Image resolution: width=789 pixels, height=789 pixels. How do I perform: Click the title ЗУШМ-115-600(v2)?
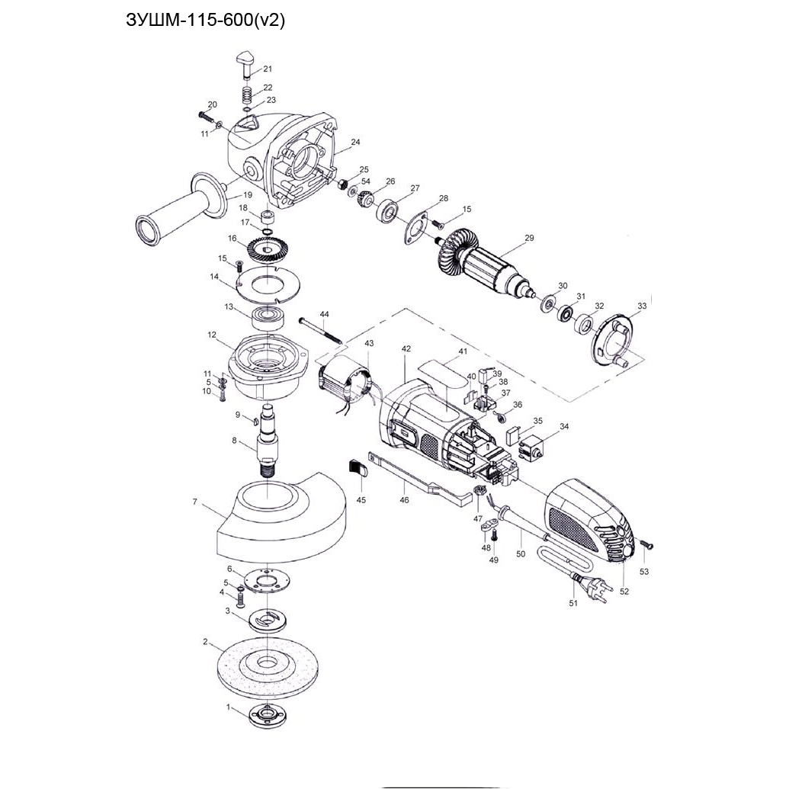[205, 21]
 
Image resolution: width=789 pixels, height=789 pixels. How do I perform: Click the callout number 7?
[195, 502]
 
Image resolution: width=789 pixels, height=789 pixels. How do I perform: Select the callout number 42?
[406, 348]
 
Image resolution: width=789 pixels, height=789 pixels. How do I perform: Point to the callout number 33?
[642, 306]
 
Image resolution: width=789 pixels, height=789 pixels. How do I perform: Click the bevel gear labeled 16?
[267, 252]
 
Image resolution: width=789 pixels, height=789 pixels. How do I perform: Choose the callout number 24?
[356, 143]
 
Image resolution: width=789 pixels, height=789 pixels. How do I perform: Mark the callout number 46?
[404, 500]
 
